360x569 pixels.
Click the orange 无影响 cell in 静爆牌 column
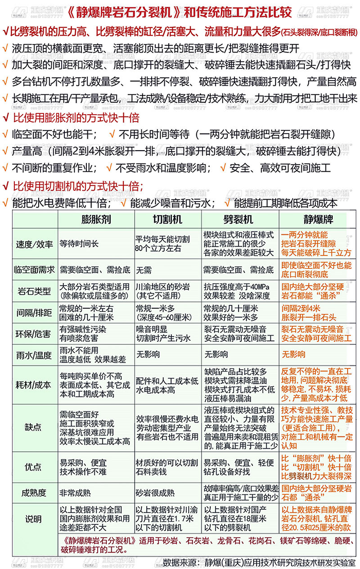[294, 354]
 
